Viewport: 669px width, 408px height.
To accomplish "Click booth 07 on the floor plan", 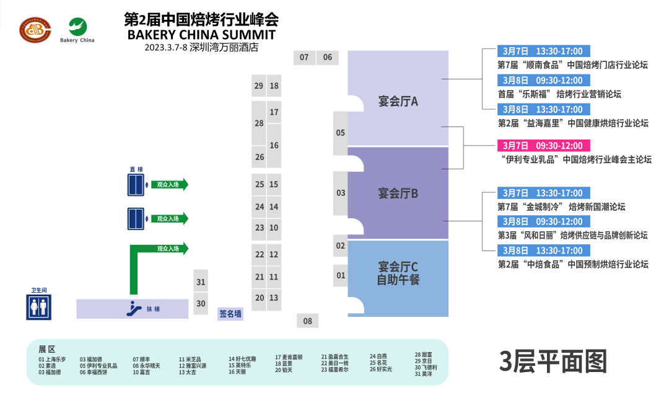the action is click(304, 58).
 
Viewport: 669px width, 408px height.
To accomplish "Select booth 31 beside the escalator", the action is click(201, 282).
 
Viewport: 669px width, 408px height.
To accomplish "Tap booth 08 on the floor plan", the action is click(307, 321).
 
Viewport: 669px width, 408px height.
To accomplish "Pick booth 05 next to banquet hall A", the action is click(340, 133).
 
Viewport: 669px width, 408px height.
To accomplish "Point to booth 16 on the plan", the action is click(274, 145).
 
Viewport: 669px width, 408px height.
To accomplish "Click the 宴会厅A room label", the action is click(398, 101).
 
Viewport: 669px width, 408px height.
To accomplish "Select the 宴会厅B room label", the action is click(398, 193).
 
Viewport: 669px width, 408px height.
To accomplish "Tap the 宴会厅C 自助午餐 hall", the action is click(398, 273).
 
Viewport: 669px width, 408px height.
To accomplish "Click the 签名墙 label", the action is click(230, 314).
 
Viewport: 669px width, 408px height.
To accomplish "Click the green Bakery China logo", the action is click(77, 28).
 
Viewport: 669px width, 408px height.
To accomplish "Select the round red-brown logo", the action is click(36, 29).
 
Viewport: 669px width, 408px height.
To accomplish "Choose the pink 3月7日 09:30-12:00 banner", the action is click(543, 146).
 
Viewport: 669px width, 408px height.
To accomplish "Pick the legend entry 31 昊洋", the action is click(424, 374).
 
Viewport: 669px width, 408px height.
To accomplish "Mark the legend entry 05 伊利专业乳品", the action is click(98, 366).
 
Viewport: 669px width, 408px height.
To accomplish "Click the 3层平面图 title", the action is click(553, 361).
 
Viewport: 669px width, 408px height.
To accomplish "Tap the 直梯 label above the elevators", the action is click(136, 169).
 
